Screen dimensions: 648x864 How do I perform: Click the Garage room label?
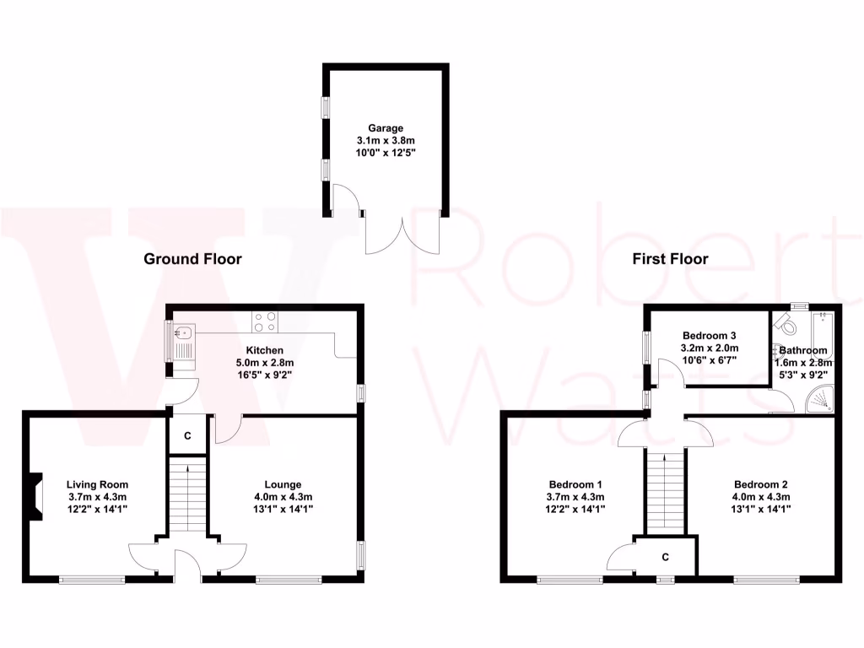pos(385,128)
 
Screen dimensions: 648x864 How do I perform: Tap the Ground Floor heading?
pos(192,259)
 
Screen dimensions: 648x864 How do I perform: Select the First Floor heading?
pos(671,259)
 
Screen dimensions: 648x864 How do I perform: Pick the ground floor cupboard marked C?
pos(187,435)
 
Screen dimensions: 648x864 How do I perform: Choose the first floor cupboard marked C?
pos(666,557)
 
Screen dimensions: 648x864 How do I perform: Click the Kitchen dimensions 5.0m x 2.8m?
pos(264,363)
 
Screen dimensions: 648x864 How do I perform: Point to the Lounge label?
pos(283,484)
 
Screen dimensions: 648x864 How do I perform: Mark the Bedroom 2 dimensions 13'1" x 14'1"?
pos(760,510)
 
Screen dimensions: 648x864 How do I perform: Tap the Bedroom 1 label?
pos(575,484)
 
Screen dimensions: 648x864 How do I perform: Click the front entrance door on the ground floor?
pos(187,567)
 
